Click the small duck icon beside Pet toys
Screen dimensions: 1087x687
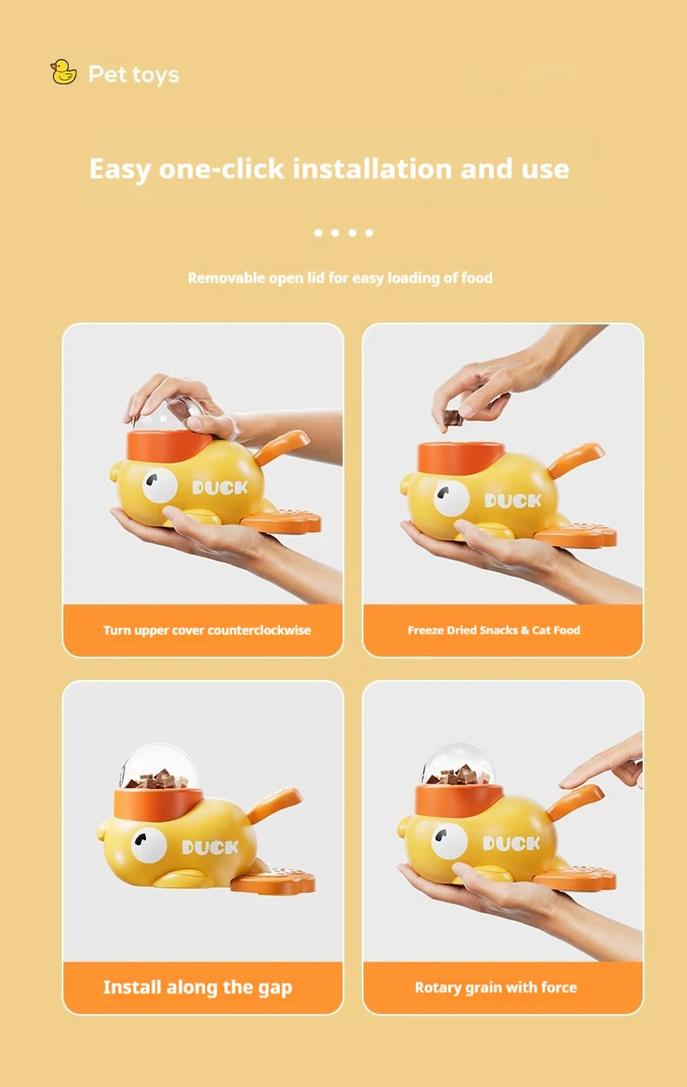(63, 72)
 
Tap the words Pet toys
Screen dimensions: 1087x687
(133, 75)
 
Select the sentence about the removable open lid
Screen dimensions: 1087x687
(340, 278)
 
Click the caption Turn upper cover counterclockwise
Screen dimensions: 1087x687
(207, 630)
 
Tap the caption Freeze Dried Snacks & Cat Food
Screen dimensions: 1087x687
(494, 630)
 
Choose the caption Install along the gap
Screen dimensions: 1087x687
(197, 987)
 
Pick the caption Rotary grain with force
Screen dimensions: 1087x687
(496, 988)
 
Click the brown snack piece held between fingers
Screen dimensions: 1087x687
(452, 417)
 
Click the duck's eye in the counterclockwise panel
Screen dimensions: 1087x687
(160, 485)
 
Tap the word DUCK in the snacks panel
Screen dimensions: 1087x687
(513, 501)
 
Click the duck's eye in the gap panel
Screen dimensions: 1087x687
(149, 845)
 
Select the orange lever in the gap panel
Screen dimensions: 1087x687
(274, 804)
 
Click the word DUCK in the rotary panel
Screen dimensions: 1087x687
(511, 844)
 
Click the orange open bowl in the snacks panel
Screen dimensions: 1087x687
(460, 458)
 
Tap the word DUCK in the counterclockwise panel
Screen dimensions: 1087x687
(220, 488)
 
